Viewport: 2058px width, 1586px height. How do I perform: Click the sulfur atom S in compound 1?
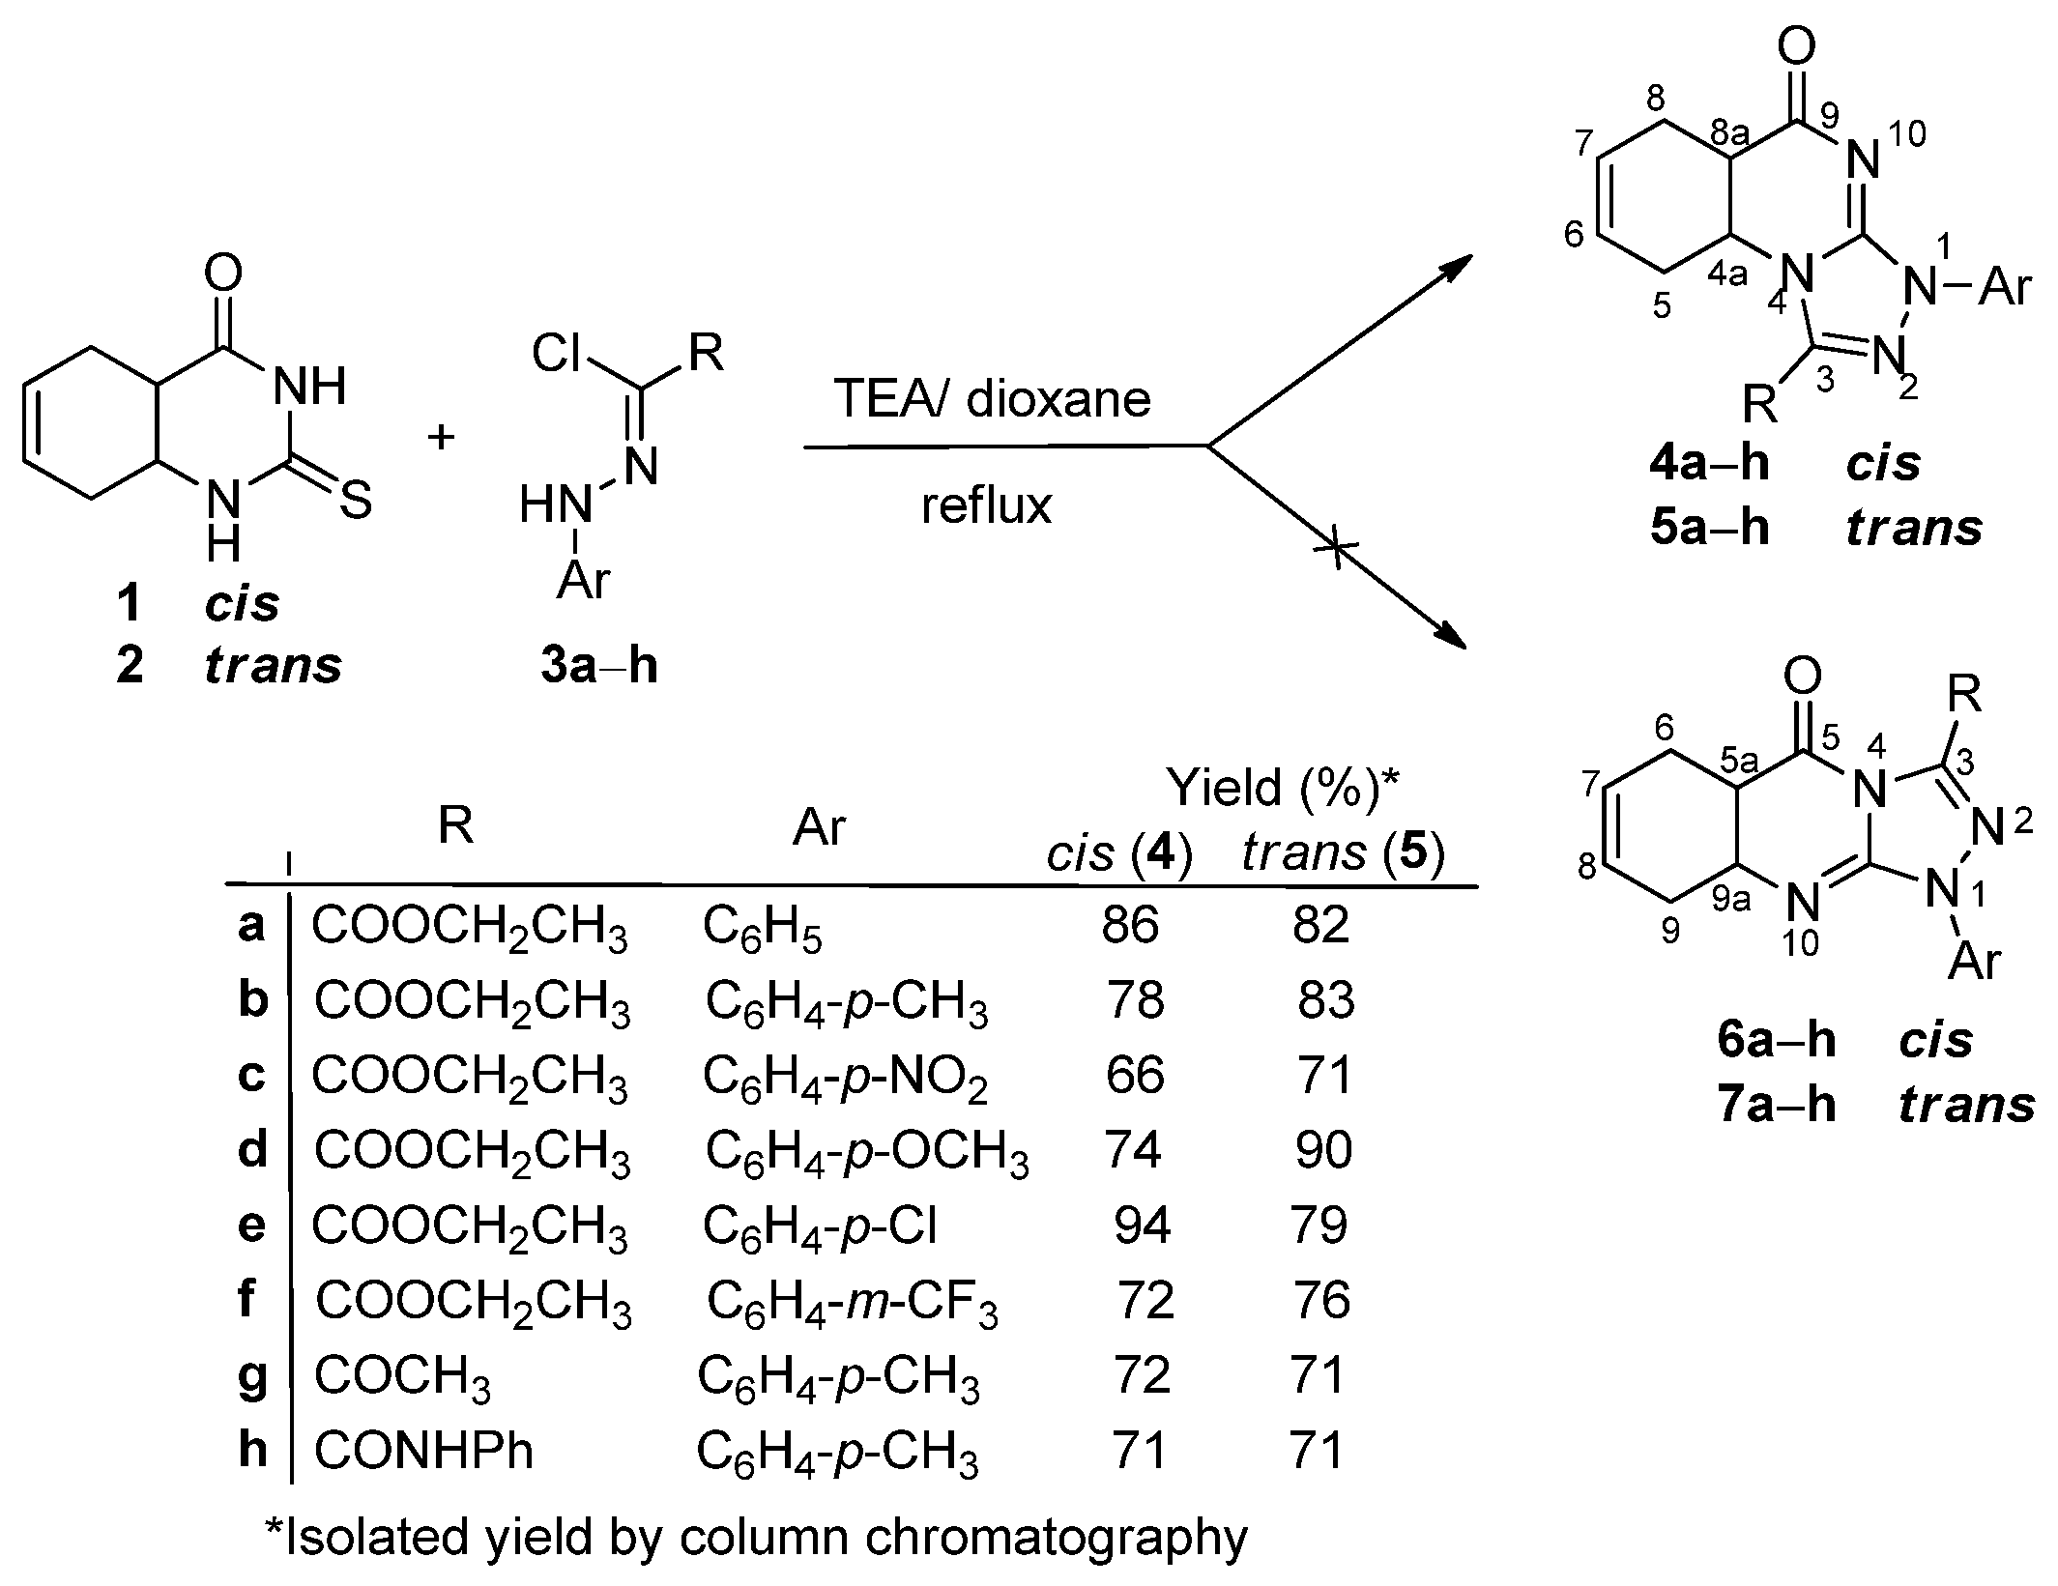(x=356, y=502)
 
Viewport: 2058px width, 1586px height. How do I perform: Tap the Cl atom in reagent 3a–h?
(x=557, y=355)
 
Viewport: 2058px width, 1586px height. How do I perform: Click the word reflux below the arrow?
(x=986, y=505)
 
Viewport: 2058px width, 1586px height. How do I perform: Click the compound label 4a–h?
(x=1709, y=464)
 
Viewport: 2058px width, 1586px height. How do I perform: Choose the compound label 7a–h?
(x=1777, y=1105)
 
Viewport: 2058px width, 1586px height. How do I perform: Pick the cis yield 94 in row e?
(x=1142, y=1226)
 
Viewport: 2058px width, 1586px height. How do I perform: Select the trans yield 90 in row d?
(x=1323, y=1150)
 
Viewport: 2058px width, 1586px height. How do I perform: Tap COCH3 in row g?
(x=402, y=1376)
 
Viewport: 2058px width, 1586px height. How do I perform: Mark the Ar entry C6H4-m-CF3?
(x=852, y=1302)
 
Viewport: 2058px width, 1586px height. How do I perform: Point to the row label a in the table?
(x=251, y=925)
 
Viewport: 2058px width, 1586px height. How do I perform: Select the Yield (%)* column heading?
(x=1283, y=788)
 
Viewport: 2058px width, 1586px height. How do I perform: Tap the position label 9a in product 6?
(x=1731, y=900)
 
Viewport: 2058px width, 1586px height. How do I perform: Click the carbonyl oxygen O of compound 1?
(x=223, y=274)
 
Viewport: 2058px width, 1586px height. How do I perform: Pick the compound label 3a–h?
(x=599, y=667)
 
